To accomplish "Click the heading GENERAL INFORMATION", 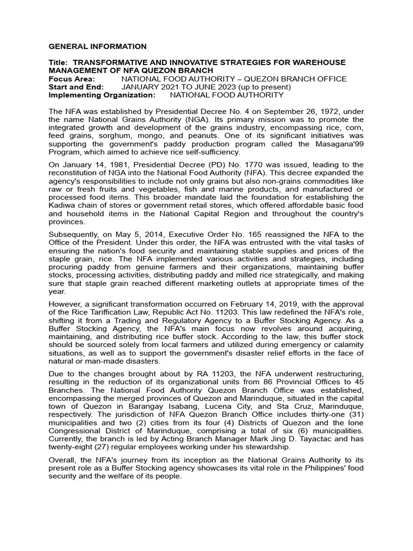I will (x=97, y=47).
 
